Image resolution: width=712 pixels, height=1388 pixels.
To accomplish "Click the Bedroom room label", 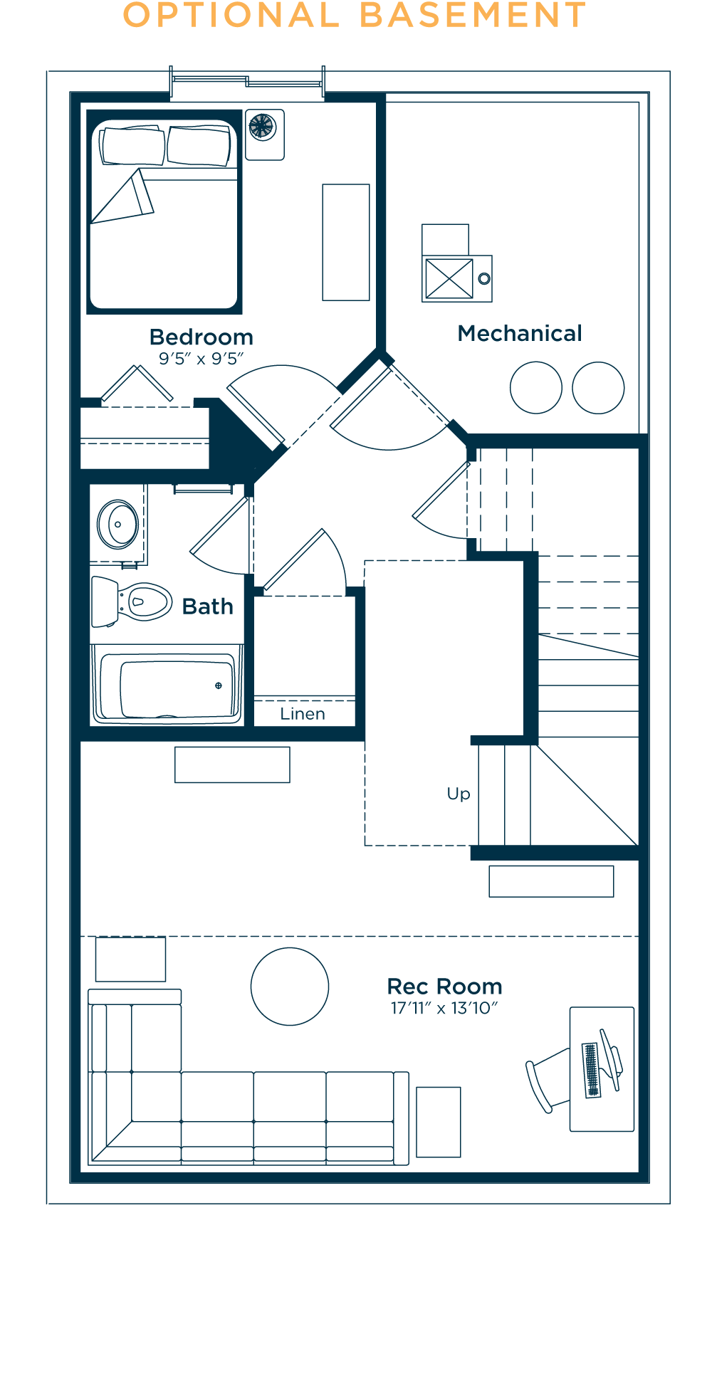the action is (x=201, y=337).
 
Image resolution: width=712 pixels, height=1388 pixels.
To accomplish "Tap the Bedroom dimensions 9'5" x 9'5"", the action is (x=201, y=359).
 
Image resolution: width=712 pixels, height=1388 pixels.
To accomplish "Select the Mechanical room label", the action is (x=520, y=333).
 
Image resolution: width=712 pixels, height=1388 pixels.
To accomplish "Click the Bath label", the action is (x=208, y=606).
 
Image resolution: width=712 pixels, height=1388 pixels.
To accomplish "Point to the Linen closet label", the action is (x=303, y=714).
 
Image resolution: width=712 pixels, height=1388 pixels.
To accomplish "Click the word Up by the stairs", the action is (x=459, y=794).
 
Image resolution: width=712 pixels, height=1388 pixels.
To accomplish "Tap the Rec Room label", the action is (x=445, y=987).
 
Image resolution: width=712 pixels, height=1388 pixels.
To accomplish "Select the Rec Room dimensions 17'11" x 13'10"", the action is (x=444, y=1008).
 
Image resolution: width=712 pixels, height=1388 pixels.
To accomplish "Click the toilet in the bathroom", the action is (x=132, y=601).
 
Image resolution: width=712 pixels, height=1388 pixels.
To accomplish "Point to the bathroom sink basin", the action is (x=118, y=525).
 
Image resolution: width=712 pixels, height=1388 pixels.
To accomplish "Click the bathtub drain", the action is (x=219, y=685).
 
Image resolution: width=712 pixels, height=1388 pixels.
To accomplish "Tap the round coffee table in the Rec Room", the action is (x=290, y=987).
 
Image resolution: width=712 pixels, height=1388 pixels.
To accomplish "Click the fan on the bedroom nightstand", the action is (x=261, y=127).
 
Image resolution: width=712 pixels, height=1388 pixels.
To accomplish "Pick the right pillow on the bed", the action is (x=199, y=145).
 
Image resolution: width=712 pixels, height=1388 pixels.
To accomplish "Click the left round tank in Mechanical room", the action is (x=536, y=388).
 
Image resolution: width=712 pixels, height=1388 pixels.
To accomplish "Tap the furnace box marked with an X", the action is (x=449, y=278).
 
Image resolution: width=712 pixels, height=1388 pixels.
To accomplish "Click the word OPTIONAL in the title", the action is (x=231, y=16).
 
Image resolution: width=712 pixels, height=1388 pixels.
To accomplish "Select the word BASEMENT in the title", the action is (x=473, y=16).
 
